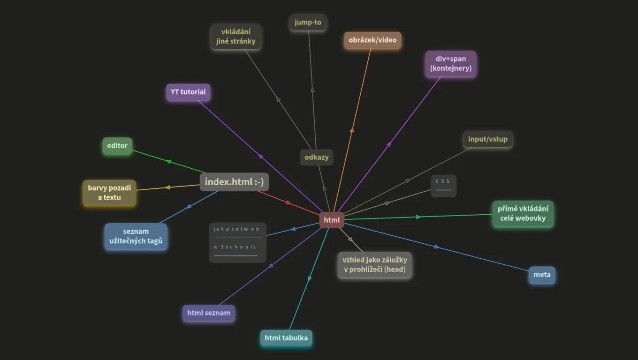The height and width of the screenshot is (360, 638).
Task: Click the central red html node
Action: tap(332, 220)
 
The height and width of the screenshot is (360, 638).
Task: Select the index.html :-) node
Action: tap(234, 182)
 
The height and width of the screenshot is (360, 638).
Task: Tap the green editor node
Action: tap(117, 146)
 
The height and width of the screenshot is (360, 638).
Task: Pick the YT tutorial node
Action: tap(188, 92)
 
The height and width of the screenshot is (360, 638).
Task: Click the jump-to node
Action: tap(308, 22)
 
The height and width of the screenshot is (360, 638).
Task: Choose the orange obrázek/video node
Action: tap(372, 40)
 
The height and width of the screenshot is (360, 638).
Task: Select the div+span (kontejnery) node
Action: tap(451, 63)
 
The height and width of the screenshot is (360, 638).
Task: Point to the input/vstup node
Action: tap(488, 139)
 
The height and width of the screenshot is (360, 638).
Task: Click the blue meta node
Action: tap(542, 275)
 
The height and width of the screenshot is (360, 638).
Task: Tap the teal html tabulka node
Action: tap(286, 338)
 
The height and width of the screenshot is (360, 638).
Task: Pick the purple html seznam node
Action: tap(209, 313)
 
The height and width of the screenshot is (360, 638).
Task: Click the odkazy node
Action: tap(317, 157)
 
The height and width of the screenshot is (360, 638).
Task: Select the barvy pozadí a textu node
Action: tap(109, 193)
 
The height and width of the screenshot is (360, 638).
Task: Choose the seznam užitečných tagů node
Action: tap(136, 236)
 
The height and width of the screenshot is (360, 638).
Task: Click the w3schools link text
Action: tap(235, 247)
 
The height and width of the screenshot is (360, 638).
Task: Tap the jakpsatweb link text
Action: tap(236, 229)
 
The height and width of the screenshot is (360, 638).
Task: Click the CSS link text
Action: tap(443, 181)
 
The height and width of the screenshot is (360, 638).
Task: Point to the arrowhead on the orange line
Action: tap(352, 130)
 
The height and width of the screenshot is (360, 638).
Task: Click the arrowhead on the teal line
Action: tap(309, 278)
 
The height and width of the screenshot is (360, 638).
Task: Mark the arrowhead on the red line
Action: tap(288, 202)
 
